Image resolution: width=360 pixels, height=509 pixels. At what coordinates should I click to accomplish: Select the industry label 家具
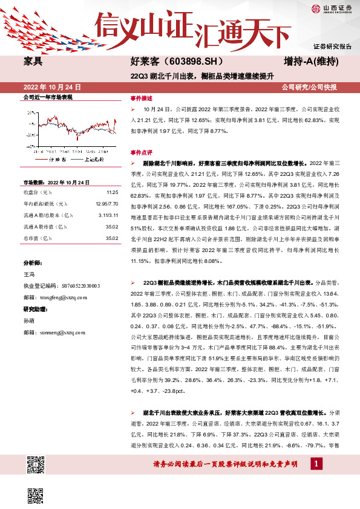point(32,62)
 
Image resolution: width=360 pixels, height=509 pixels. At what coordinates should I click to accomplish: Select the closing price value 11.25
point(111,192)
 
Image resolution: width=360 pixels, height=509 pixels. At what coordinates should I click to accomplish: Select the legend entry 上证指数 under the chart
point(94,159)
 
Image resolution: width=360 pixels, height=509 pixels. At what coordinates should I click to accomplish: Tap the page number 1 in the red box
point(316,462)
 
